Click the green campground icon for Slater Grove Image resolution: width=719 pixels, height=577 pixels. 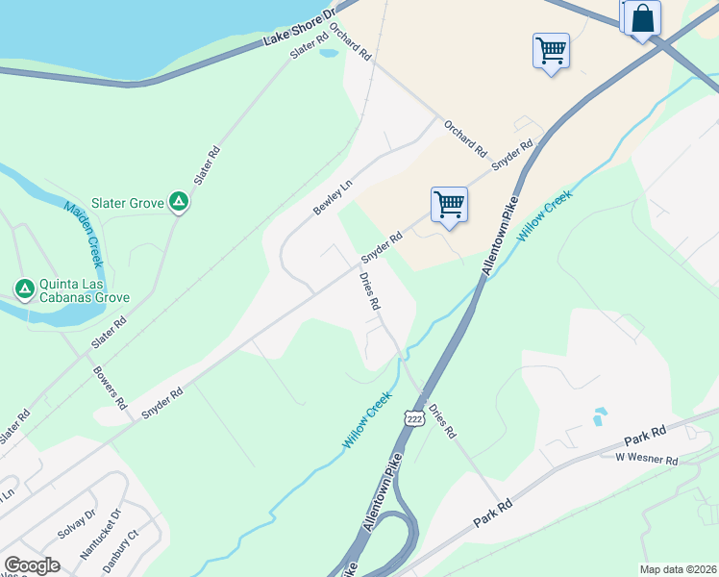(178, 202)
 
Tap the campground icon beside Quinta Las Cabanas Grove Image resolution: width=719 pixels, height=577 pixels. (24, 287)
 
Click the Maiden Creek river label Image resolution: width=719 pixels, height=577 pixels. (83, 235)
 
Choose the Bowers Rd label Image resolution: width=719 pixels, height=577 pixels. (110, 387)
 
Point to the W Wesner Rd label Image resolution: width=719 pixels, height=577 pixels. (647, 461)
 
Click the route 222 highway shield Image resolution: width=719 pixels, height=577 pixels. (414, 419)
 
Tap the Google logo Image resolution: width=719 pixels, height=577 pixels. (32, 565)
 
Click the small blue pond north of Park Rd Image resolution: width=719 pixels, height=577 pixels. (600, 416)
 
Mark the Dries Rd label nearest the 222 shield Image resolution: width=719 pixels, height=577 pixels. (442, 421)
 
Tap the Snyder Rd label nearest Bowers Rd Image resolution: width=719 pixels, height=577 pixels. (162, 402)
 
